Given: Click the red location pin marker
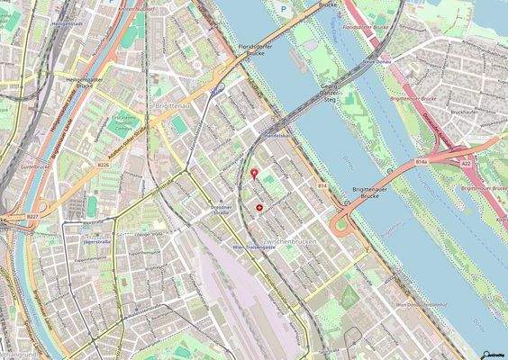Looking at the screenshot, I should click(x=254, y=173).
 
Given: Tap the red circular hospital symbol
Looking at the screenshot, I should click(x=260, y=207).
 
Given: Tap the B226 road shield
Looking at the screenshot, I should click(x=103, y=165).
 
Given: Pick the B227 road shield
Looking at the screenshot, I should click(x=33, y=217).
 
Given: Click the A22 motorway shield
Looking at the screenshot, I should click(x=466, y=163).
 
